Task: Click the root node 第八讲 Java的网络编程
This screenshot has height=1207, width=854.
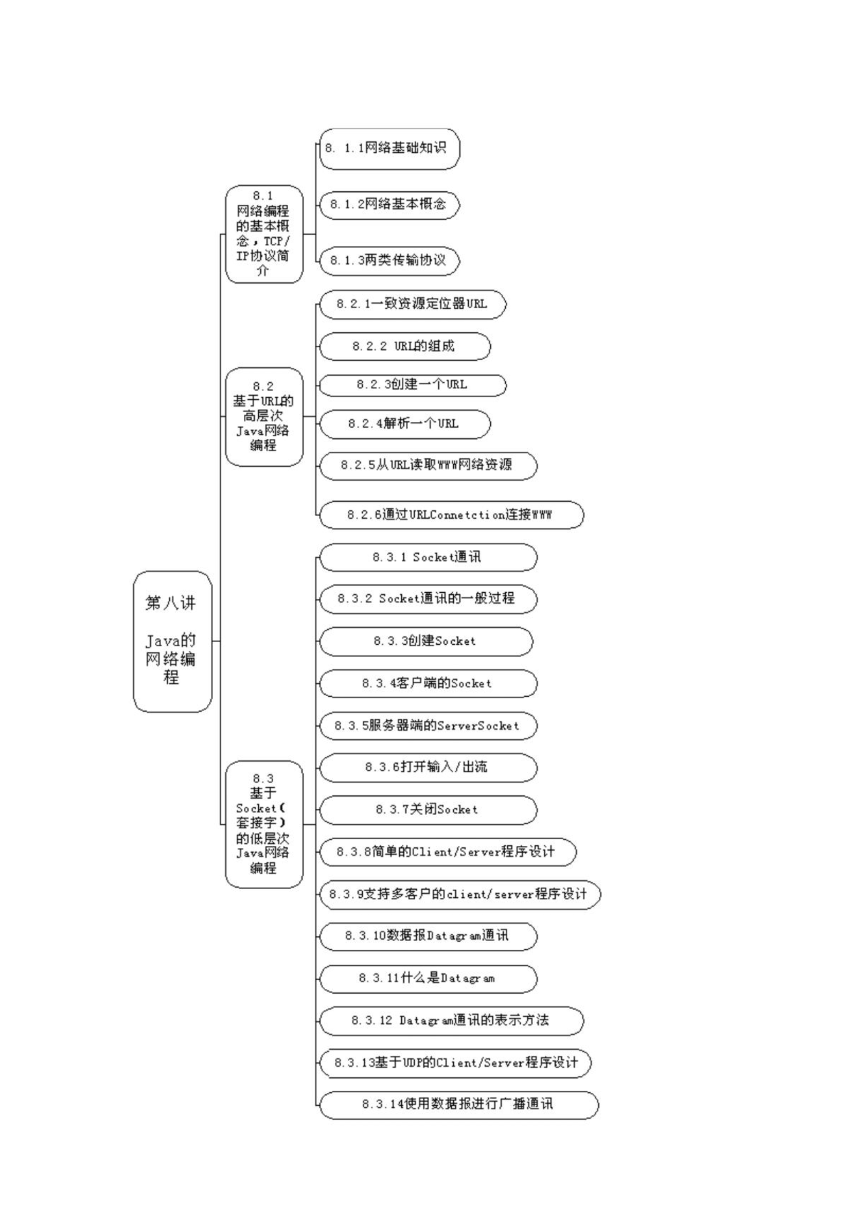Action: point(173,641)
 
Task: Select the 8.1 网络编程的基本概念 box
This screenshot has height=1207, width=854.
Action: point(264,234)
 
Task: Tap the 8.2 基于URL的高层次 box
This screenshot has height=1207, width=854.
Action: point(264,416)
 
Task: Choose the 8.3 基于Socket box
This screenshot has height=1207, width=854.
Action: point(264,824)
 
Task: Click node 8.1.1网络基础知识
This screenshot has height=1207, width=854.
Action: point(389,148)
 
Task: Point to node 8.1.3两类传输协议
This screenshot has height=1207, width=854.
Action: point(389,261)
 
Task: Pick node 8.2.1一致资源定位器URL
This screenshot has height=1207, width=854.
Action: point(413,304)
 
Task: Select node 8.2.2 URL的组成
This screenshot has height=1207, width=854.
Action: point(405,346)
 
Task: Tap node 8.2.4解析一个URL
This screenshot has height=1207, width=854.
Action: point(405,424)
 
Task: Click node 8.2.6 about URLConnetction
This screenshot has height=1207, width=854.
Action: point(452,515)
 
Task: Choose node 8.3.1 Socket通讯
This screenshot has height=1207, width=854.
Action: point(428,557)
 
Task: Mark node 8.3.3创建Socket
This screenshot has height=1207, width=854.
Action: point(426,641)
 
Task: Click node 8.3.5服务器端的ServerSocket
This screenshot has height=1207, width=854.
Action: point(428,726)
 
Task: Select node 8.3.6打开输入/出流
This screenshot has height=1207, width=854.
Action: point(428,768)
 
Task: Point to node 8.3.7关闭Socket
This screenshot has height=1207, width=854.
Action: point(428,810)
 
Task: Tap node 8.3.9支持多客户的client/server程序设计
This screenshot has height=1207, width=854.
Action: point(460,894)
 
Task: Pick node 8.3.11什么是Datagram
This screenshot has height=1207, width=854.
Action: point(428,979)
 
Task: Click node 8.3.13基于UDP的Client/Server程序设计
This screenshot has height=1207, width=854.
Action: point(455,1063)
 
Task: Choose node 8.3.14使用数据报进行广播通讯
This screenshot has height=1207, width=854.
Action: point(459,1105)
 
